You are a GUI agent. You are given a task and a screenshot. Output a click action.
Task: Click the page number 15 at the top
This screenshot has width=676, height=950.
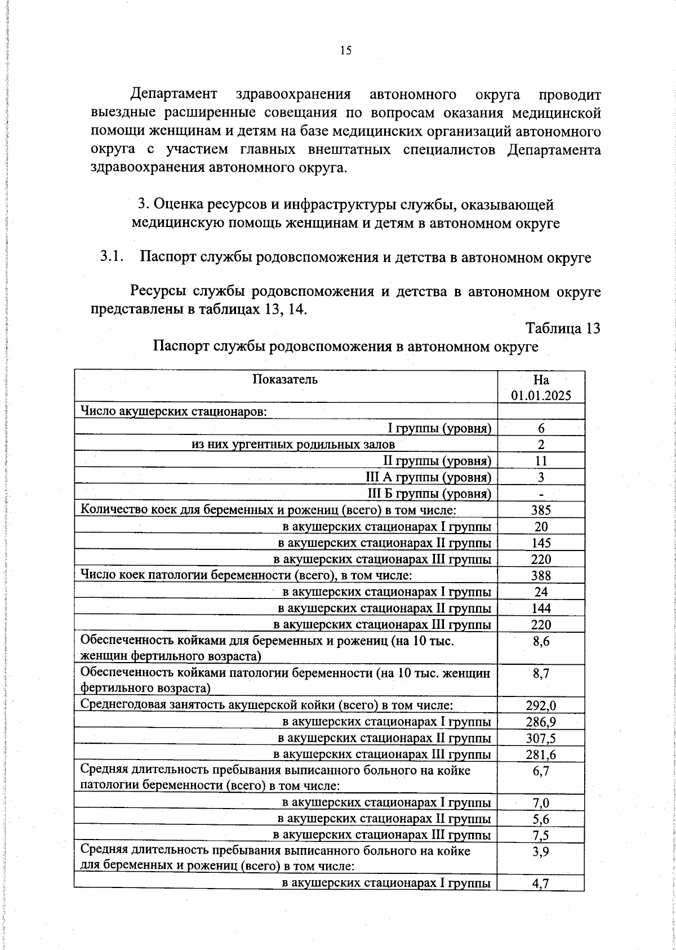click(346, 51)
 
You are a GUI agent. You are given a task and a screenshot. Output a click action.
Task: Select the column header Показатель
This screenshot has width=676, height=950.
click(285, 379)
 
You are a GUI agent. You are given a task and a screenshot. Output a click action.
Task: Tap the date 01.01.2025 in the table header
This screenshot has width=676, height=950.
click(541, 395)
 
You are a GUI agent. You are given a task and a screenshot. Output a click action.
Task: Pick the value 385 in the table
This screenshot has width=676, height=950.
click(541, 510)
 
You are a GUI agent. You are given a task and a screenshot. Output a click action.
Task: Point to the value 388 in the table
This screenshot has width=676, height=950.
click(541, 576)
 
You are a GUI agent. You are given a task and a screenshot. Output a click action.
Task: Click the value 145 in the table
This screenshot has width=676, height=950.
click(541, 543)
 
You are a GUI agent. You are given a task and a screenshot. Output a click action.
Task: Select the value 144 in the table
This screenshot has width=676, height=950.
click(541, 609)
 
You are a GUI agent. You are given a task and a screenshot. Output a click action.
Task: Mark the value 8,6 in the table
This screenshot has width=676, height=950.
click(541, 641)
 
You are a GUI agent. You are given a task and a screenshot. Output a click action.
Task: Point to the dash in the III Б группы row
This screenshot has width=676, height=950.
click(541, 495)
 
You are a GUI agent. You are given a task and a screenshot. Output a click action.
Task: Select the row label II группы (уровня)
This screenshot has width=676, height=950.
click(437, 461)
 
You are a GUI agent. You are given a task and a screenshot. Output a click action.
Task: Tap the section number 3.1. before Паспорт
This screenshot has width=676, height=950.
click(112, 258)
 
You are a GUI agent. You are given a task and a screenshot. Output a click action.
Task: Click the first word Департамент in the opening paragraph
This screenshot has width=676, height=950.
click(174, 94)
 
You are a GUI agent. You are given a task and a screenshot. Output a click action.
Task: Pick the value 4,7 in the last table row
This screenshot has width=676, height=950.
click(541, 884)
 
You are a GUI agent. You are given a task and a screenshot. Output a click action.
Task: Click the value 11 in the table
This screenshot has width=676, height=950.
click(541, 461)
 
